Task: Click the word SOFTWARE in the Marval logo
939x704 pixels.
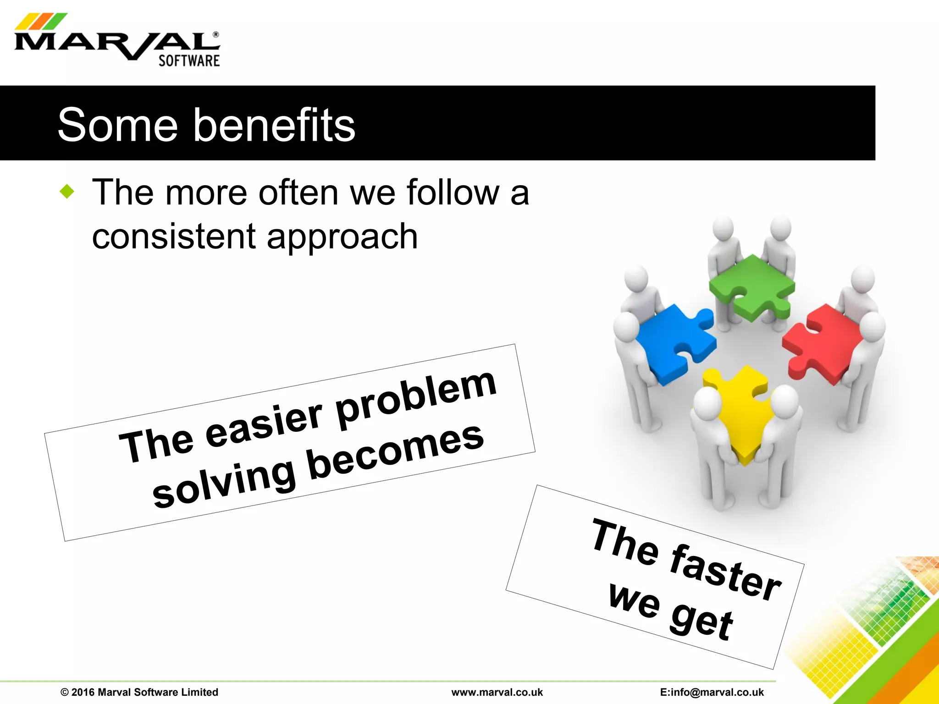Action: click(x=189, y=60)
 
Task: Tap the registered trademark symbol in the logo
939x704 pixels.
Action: click(x=216, y=34)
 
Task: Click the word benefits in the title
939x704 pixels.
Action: click(x=274, y=125)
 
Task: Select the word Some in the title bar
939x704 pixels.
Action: click(x=118, y=125)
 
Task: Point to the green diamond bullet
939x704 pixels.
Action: click(x=67, y=191)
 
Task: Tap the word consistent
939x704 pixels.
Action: click(x=174, y=236)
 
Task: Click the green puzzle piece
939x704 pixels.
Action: click(x=752, y=286)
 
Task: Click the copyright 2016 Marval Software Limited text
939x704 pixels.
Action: click(x=139, y=692)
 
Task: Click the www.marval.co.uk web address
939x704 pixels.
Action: click(x=497, y=692)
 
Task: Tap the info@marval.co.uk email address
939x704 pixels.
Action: click(x=712, y=692)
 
